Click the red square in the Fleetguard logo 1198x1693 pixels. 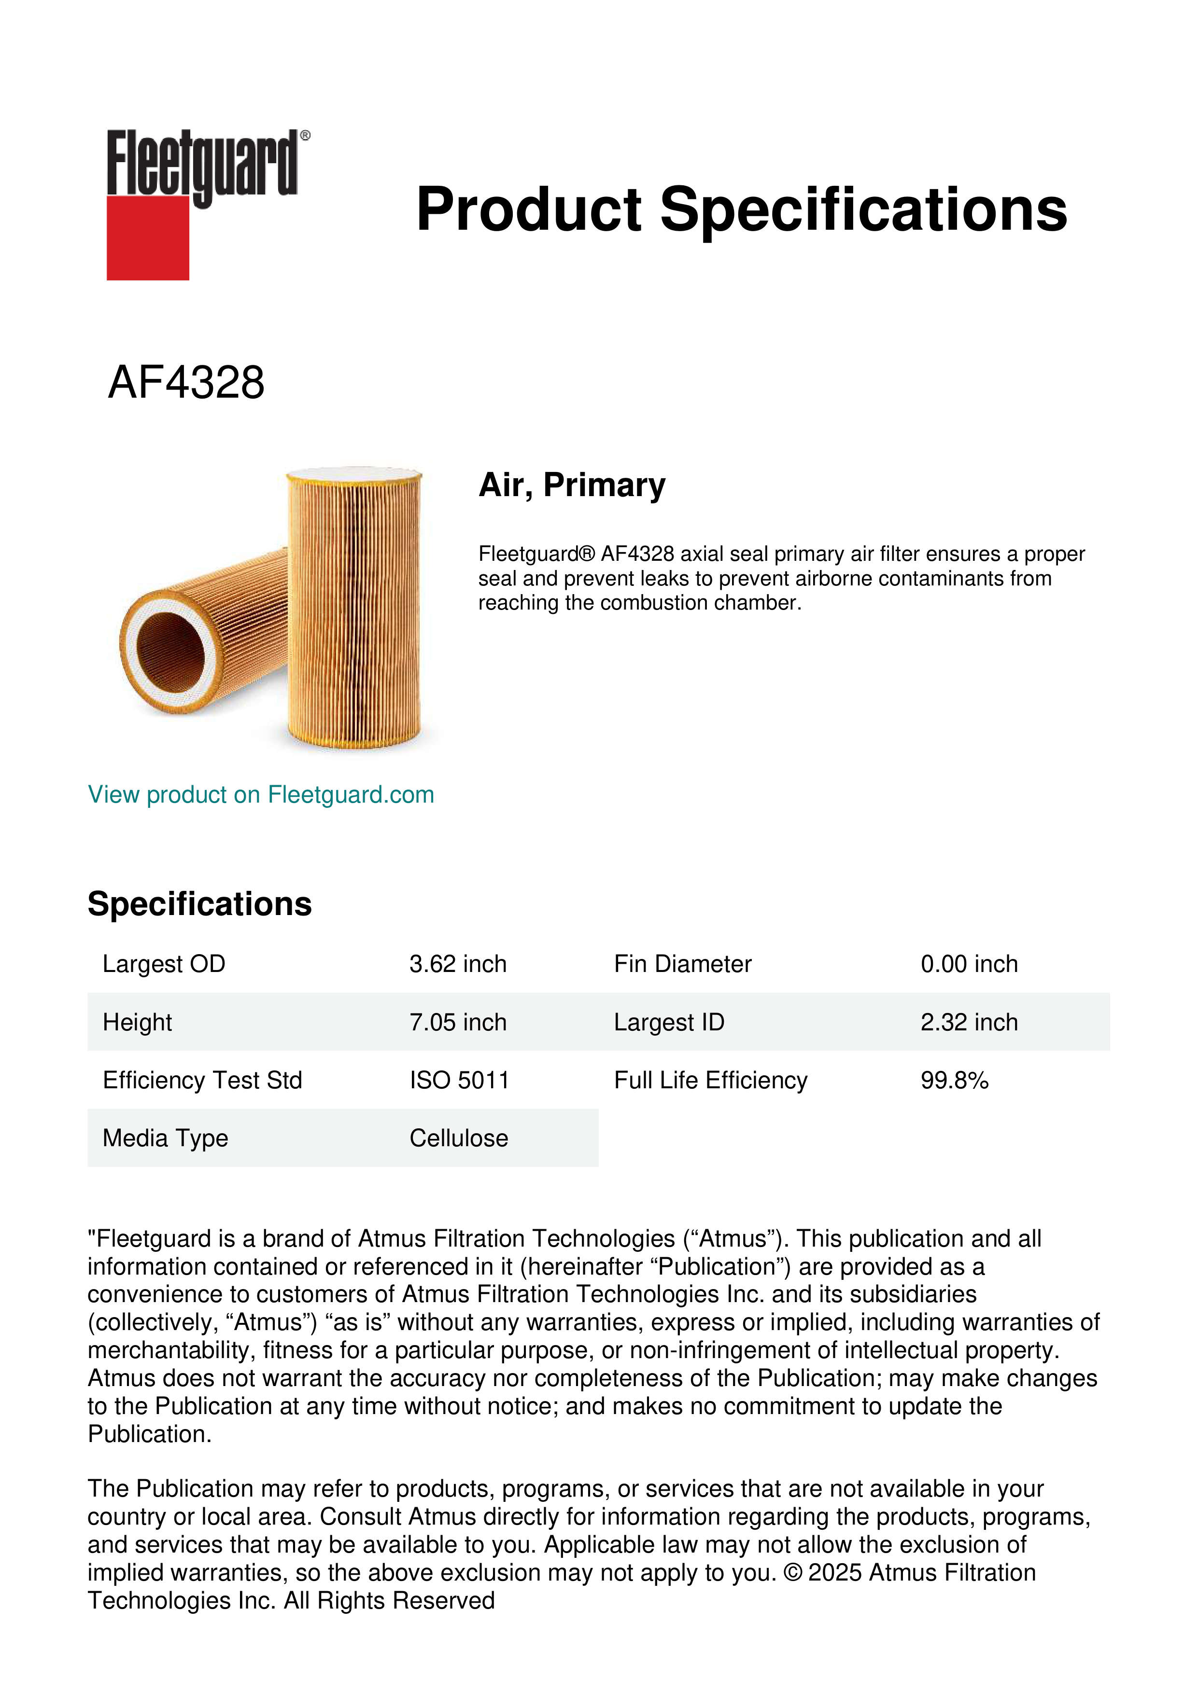click(148, 237)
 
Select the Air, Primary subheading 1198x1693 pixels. click(572, 485)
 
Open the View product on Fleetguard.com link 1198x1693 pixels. click(260, 794)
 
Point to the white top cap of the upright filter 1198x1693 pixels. click(354, 472)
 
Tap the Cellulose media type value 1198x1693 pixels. click(459, 1138)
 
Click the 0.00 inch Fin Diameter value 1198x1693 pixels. click(969, 964)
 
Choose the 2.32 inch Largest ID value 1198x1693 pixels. click(969, 1022)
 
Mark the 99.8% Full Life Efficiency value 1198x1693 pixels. click(954, 1080)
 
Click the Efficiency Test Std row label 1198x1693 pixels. click(202, 1080)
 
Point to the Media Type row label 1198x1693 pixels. click(165, 1138)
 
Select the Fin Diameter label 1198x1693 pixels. click(682, 964)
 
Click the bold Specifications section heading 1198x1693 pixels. click(199, 904)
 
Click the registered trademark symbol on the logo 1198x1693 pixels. click(305, 136)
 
